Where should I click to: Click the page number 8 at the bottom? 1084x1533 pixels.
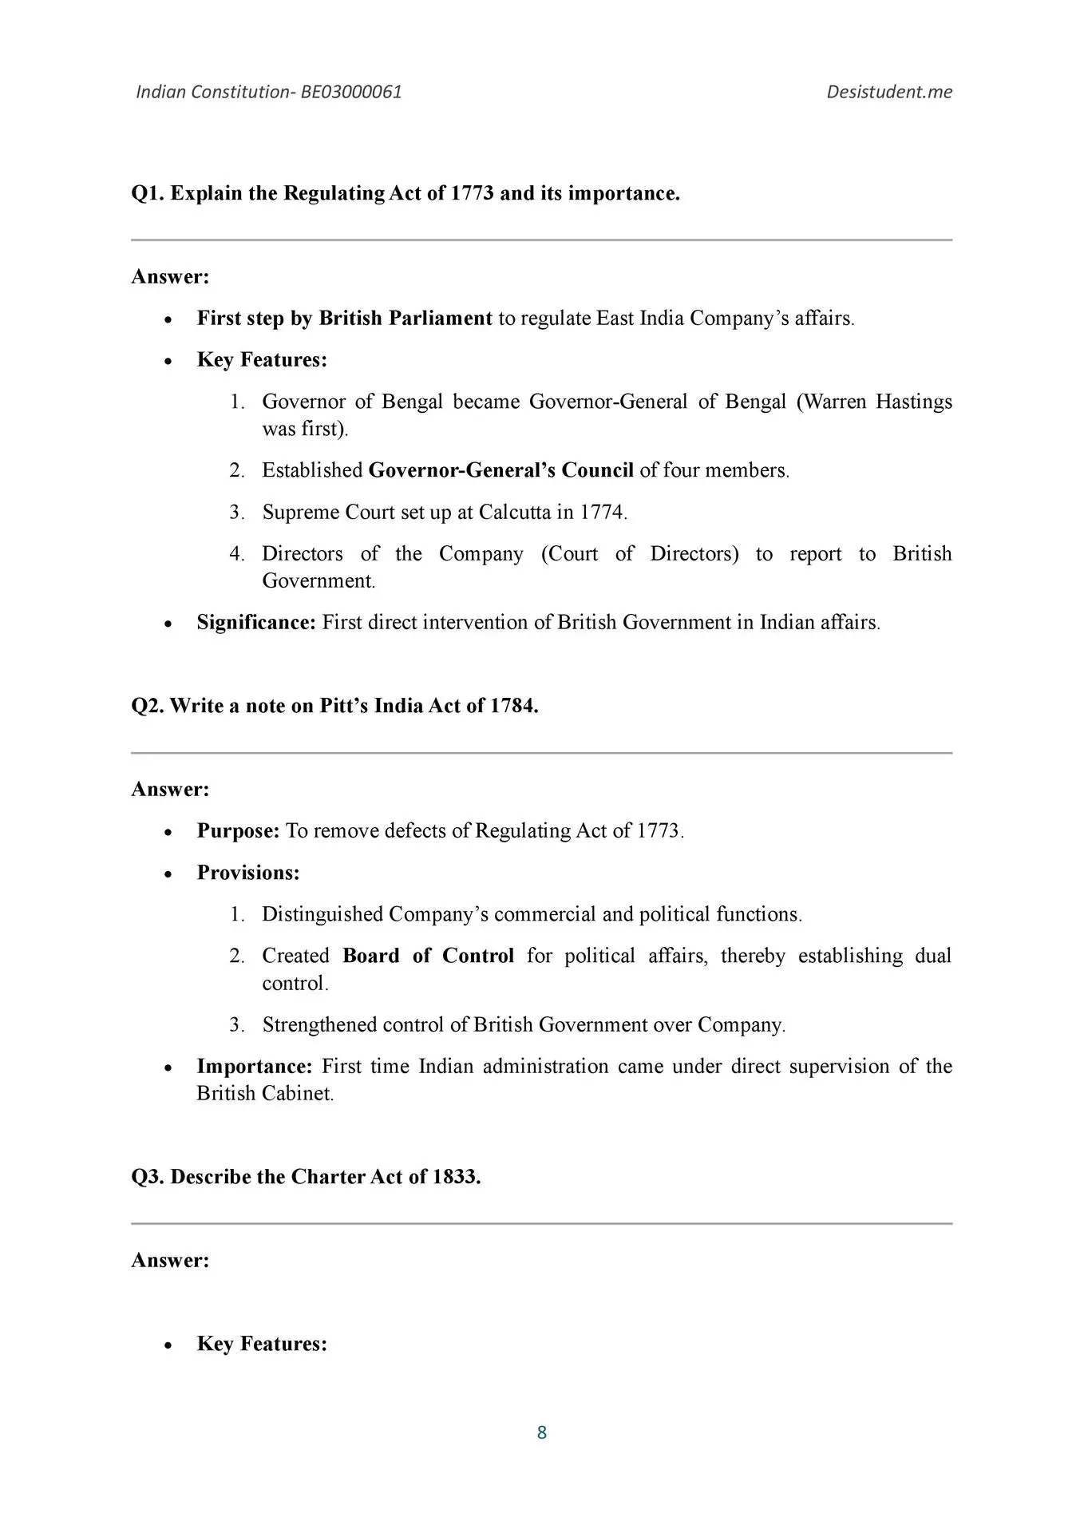tap(542, 1432)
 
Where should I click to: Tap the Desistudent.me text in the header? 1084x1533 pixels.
tap(889, 92)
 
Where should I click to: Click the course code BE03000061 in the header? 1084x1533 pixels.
tap(351, 92)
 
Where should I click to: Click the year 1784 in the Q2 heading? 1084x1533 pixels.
tap(512, 707)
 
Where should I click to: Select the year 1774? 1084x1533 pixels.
tap(601, 512)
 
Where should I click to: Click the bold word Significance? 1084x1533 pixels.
tap(256, 623)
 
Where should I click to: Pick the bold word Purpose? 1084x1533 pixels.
tap(238, 831)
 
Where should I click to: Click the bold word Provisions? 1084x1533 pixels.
tap(248, 873)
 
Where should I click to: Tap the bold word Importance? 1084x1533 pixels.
tap(254, 1067)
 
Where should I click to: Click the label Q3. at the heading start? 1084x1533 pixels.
tap(148, 1178)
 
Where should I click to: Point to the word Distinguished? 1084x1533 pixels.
tap(322, 914)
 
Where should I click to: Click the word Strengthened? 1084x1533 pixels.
tap(319, 1025)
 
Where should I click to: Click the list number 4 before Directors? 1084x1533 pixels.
tap(236, 554)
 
